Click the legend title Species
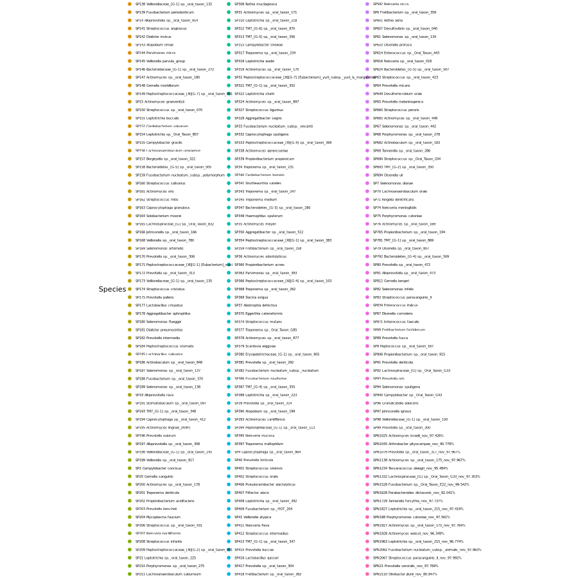[112, 290]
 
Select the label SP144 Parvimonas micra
[155, 53]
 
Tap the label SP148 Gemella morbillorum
[157, 85]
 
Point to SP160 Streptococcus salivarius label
[160, 183]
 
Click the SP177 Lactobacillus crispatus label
[159, 305]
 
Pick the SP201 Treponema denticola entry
[157, 493]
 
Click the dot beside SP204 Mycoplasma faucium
[130, 517]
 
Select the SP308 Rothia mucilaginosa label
[255, 4]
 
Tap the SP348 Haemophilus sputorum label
[258, 216]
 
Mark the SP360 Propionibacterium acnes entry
[259, 265]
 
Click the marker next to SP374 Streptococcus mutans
[229, 322]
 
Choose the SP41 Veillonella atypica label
[252, 517]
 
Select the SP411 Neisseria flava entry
[252, 525]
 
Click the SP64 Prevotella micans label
[391, 85]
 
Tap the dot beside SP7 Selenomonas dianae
[367, 183]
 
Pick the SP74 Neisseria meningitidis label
[394, 207]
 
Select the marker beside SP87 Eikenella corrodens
[367, 313]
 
